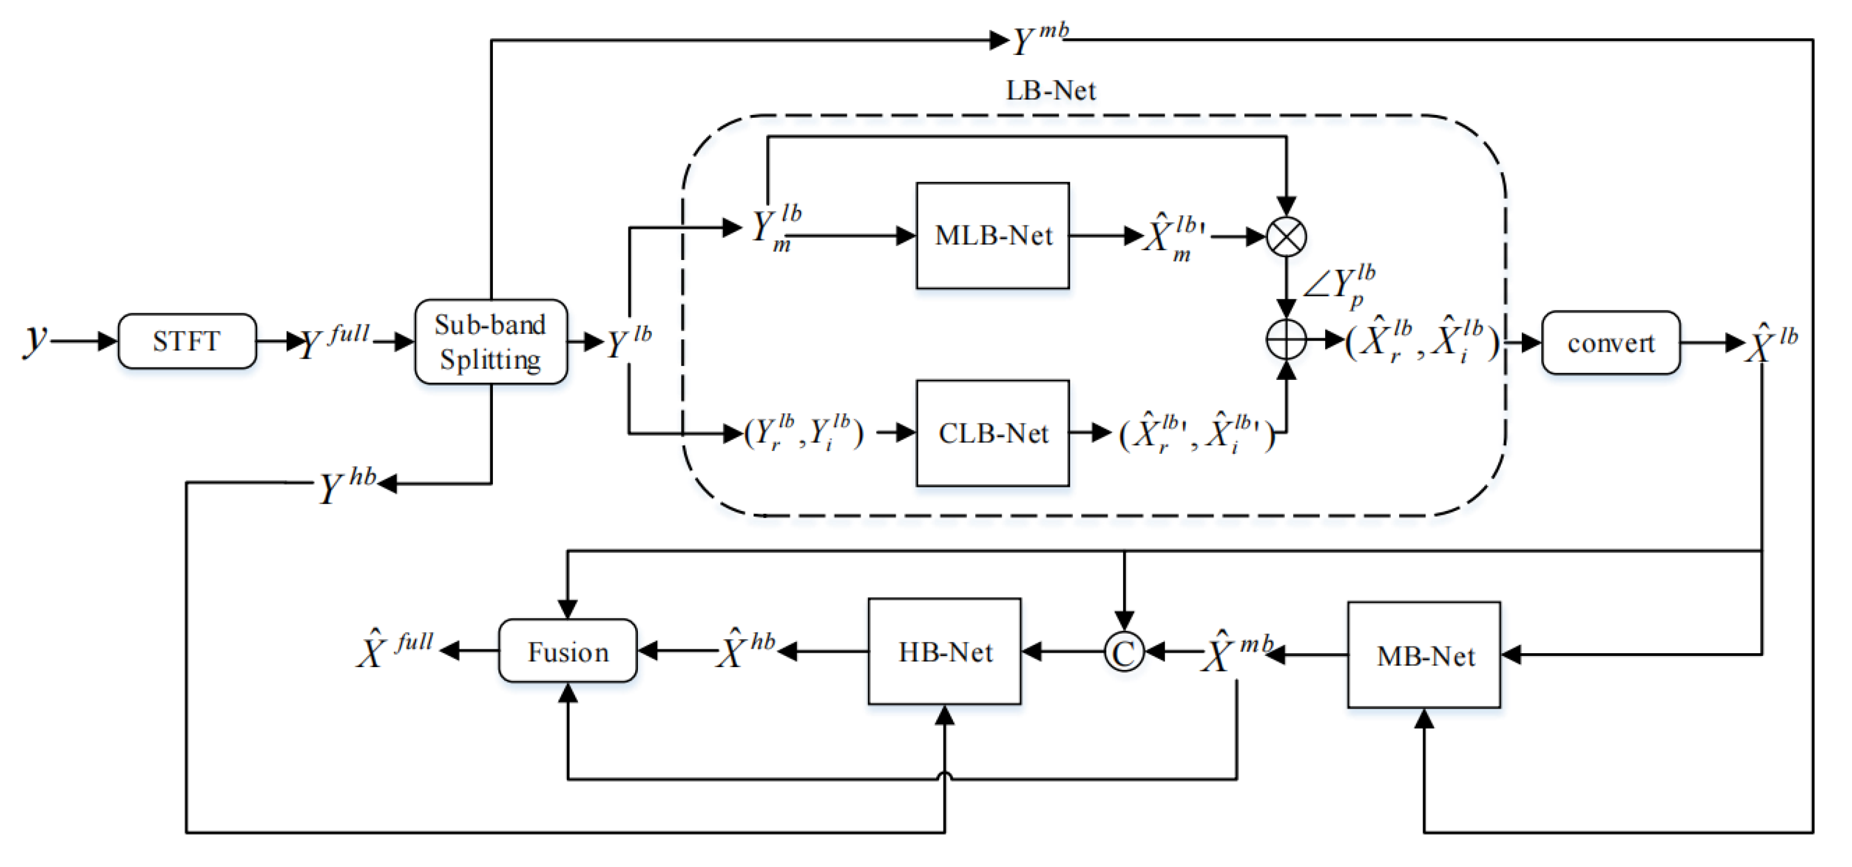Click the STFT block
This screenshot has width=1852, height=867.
187,341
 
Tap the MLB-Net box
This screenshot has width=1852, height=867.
993,236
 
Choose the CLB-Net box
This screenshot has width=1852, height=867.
993,433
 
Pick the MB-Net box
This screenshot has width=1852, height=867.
1424,655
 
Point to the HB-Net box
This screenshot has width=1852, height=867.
945,651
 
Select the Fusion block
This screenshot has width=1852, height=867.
568,651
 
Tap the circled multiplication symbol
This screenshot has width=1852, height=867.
1286,237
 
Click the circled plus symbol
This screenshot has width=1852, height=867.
1286,339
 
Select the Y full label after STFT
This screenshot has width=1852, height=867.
335,341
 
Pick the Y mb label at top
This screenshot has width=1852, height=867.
1040,39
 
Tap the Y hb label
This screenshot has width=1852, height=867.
347,485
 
